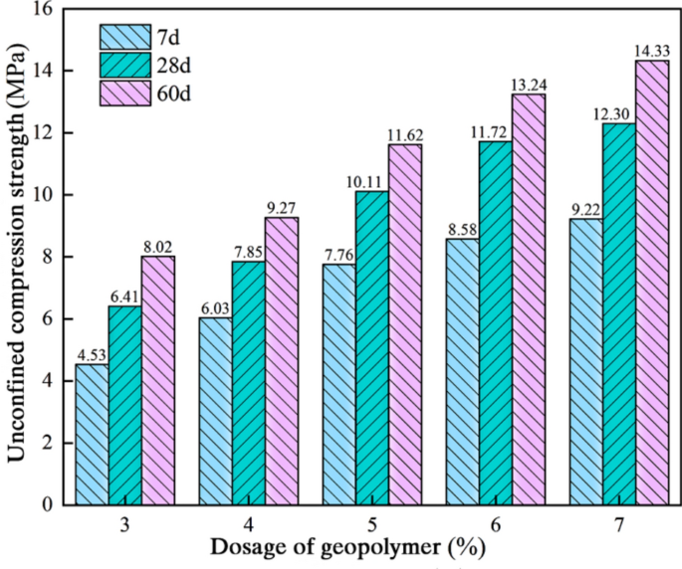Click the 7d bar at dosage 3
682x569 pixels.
click(93, 435)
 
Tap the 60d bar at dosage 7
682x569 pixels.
click(652, 283)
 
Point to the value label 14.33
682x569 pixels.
click(652, 52)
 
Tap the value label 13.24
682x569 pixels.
click(529, 86)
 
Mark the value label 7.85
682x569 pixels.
click(249, 253)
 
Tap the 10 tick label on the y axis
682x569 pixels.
click(46, 195)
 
